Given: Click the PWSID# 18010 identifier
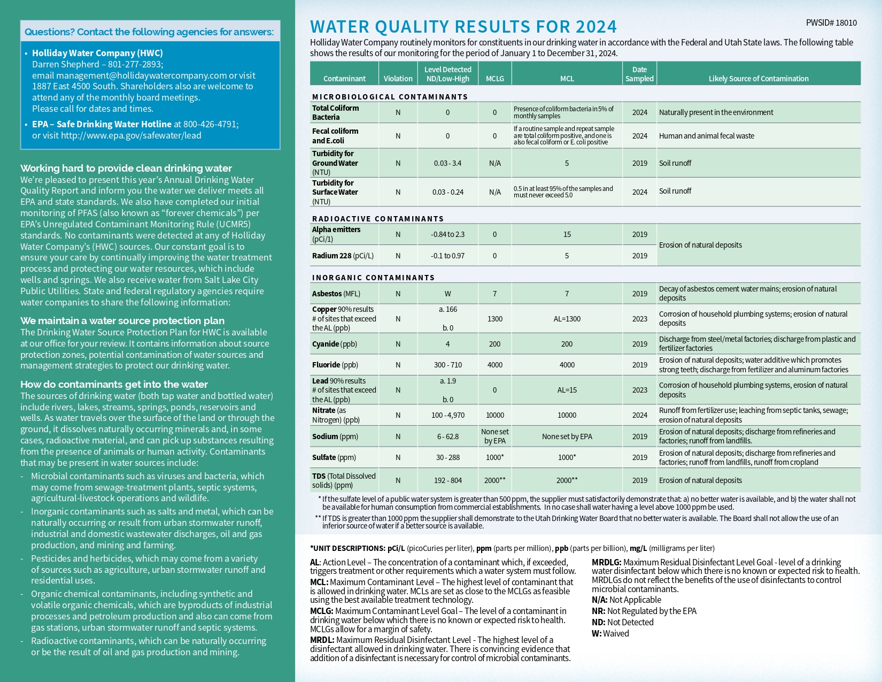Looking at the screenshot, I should click(x=831, y=23).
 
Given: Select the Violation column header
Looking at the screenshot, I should click(x=398, y=79).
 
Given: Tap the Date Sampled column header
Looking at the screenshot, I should click(x=639, y=74).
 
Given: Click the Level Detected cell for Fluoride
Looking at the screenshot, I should click(x=447, y=365).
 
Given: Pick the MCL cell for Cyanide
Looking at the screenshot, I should click(x=567, y=344).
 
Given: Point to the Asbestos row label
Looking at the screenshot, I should click(x=336, y=294).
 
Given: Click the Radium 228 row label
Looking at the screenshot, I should click(x=343, y=256).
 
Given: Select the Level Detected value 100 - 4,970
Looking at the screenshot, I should click(x=447, y=415).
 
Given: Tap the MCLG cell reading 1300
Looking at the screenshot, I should click(x=494, y=319).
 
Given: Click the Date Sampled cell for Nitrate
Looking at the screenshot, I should click(x=639, y=415).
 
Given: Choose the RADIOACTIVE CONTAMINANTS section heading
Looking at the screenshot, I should click(x=377, y=219).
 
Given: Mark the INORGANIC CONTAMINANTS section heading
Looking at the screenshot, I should click(x=373, y=278).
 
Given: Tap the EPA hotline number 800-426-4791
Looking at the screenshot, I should click(x=210, y=124).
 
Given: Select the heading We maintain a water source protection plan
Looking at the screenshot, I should click(x=122, y=320).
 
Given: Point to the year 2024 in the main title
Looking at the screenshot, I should click(x=596, y=27).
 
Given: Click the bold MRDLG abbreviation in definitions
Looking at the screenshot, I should click(x=606, y=562).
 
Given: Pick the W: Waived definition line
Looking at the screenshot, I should click(x=610, y=633).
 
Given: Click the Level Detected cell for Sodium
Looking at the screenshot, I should click(x=447, y=436).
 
